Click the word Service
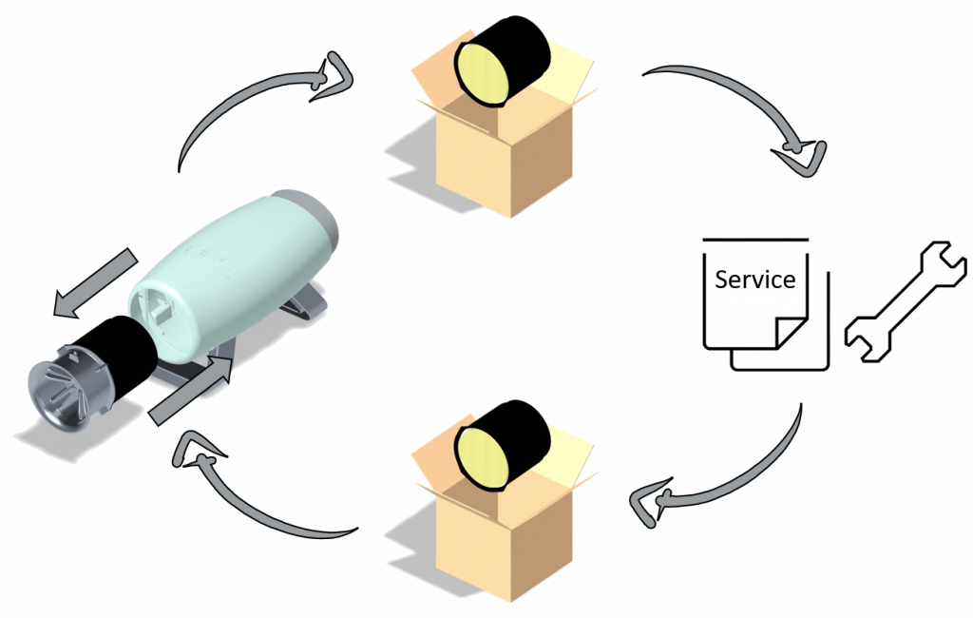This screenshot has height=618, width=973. pyautogui.click(x=754, y=280)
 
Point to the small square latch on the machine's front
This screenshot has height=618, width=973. pyautogui.click(x=157, y=308)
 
